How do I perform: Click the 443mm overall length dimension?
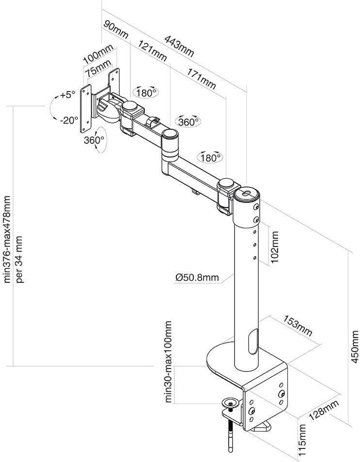point(179,46)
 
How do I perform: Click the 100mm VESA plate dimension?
point(98,54)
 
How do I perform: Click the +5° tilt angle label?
point(67,95)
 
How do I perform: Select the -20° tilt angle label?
point(69,120)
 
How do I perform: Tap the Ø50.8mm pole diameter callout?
point(197,277)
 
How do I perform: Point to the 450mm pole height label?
point(355,347)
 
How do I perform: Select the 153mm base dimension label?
point(297,325)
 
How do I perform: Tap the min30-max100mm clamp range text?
point(168,362)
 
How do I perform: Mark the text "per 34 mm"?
point(20,259)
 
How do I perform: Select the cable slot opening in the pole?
point(253,342)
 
